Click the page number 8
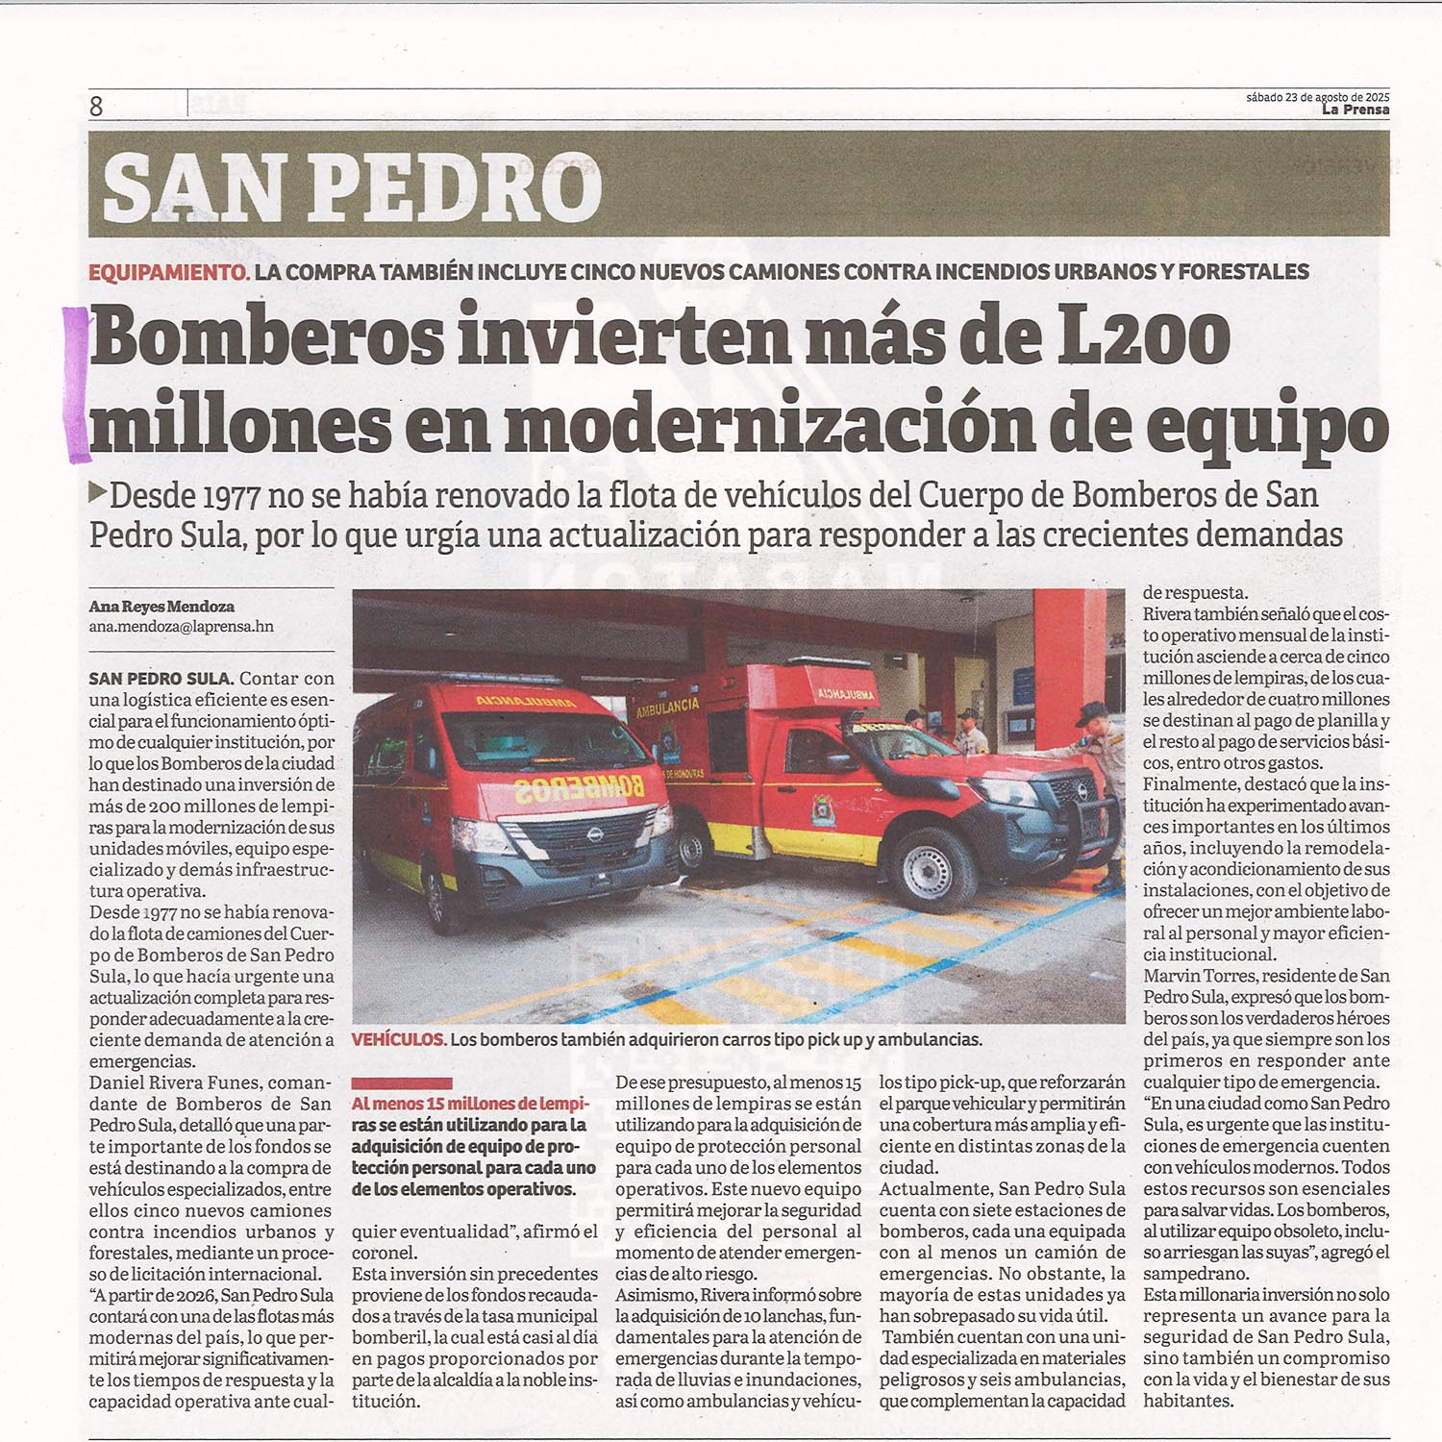[x=96, y=106]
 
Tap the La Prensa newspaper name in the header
[x=1355, y=110]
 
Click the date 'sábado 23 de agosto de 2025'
[x=1317, y=97]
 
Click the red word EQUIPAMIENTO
[x=169, y=272]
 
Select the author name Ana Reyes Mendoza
[x=162, y=607]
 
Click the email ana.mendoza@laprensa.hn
[x=181, y=627]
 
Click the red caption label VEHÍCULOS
[x=398, y=1039]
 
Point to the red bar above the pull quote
[x=401, y=1083]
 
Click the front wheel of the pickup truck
[x=930, y=869]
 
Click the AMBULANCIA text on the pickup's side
[x=667, y=709]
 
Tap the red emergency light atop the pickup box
[x=814, y=662]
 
